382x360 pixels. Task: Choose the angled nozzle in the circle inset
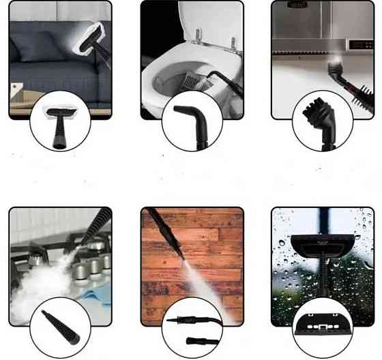(191, 117)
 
